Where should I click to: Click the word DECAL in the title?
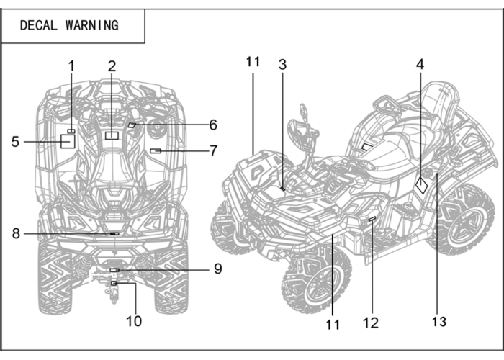[x=39, y=25]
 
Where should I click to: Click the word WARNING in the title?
[x=92, y=25]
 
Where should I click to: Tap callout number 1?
[x=71, y=66]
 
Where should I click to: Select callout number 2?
[x=112, y=66]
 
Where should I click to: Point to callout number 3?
[x=282, y=65]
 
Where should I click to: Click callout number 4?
[x=420, y=64]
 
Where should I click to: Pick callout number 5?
[x=15, y=142]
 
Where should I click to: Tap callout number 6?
[x=213, y=125]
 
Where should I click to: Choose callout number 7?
[x=213, y=150]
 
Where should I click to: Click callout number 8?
[x=16, y=233]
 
